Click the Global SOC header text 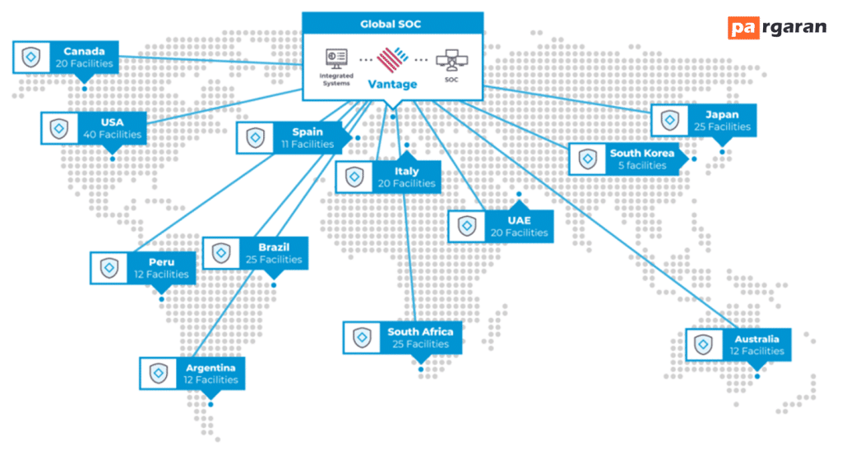click(x=391, y=24)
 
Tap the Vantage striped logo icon click(x=392, y=59)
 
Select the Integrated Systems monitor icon click(x=336, y=58)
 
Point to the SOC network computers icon click(x=451, y=60)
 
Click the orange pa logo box click(x=743, y=28)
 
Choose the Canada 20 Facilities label click(x=85, y=58)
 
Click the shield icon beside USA click(x=59, y=129)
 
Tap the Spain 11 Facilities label click(x=308, y=138)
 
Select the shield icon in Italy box click(x=354, y=177)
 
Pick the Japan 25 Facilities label click(x=722, y=121)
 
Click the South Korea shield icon click(x=587, y=159)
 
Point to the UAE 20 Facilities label click(x=520, y=227)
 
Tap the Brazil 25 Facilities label click(x=274, y=253)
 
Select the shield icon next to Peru click(x=109, y=268)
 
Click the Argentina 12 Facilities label click(x=210, y=374)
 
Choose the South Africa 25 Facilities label click(x=420, y=338)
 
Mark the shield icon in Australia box click(x=704, y=344)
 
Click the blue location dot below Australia click(x=757, y=376)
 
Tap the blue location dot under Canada click(x=85, y=89)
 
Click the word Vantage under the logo click(x=392, y=85)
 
